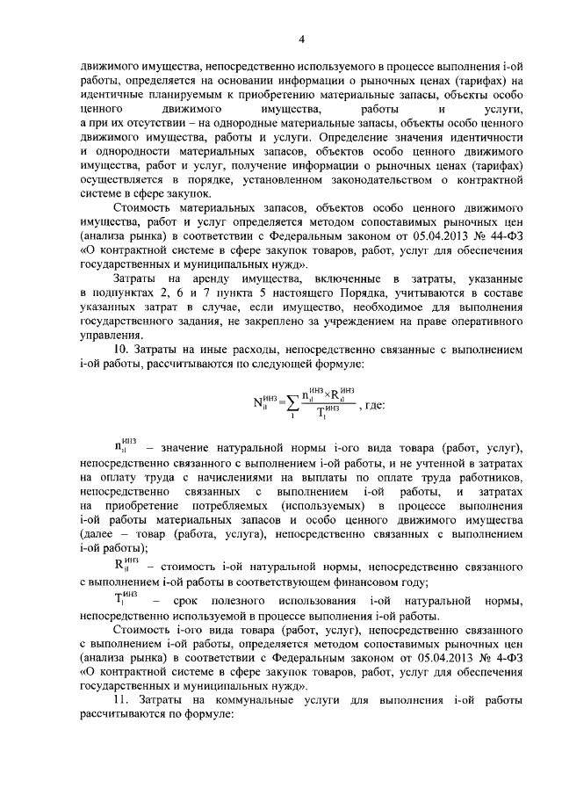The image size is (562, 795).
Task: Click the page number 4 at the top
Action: coord(300,39)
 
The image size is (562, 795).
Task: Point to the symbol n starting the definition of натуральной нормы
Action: coord(120,474)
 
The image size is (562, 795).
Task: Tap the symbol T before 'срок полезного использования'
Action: coord(120,600)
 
